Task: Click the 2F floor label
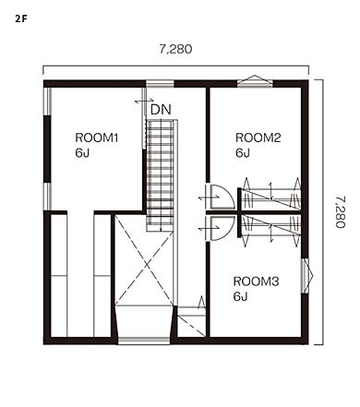21,18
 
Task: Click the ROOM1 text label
97,138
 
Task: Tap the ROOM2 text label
258,138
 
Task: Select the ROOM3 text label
256,281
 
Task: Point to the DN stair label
161,110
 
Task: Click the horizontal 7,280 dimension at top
175,49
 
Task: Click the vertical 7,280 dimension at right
341,212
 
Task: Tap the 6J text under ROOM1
82,153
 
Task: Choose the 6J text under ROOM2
243,153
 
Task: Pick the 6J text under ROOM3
241,296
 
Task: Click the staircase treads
160,175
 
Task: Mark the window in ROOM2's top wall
255,81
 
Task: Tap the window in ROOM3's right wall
306,276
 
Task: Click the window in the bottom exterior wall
144,341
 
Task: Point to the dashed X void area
144,261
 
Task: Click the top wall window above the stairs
160,84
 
